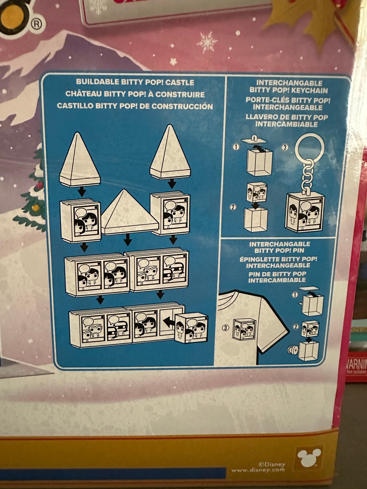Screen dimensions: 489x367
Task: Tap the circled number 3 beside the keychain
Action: click(x=285, y=147)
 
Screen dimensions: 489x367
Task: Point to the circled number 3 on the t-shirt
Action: click(x=225, y=328)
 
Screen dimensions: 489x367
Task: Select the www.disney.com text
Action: click(x=258, y=470)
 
